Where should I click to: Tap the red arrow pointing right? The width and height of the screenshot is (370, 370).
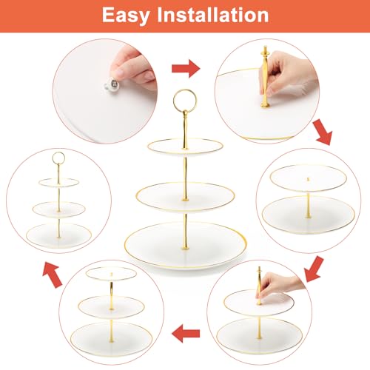click(186, 70)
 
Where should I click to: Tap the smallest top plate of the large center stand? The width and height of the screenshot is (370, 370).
click(185, 146)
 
